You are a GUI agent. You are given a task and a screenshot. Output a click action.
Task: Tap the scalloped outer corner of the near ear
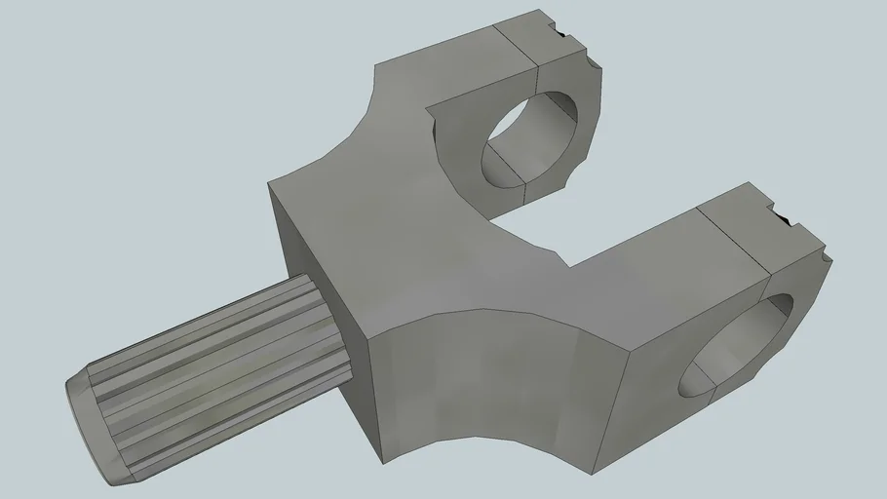[x=828, y=259]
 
